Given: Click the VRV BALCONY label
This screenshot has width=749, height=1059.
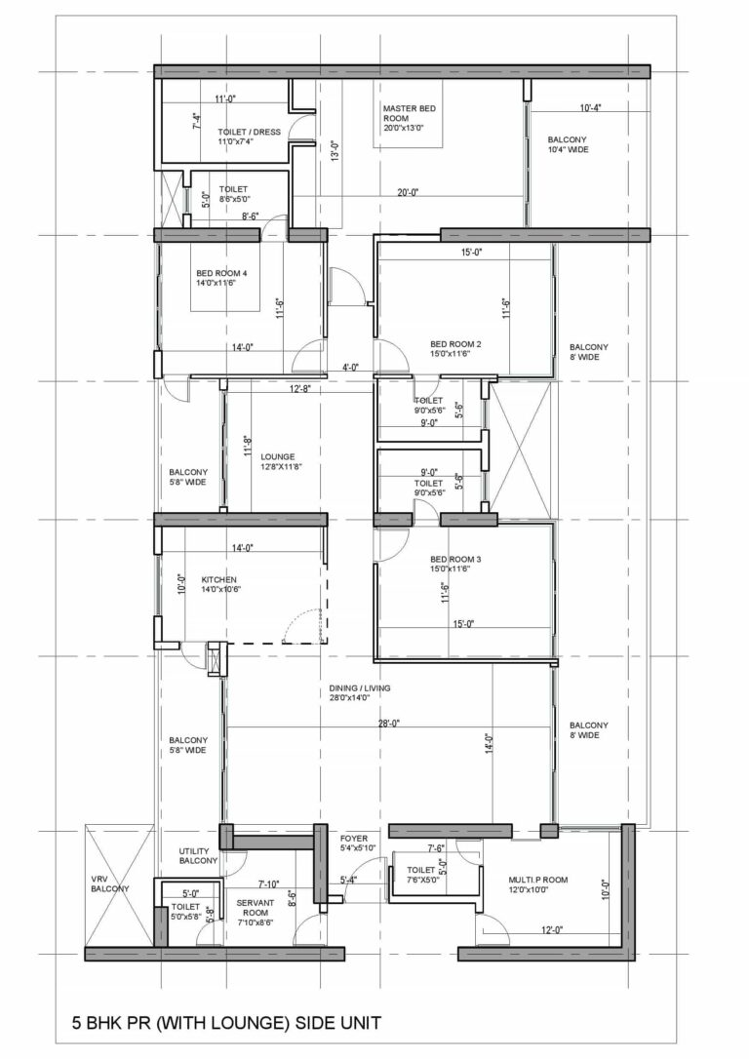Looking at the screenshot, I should click(109, 883).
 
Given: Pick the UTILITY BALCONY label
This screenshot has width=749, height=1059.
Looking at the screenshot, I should click(198, 856).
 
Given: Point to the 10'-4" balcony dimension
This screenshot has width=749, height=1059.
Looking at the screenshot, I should click(589, 108).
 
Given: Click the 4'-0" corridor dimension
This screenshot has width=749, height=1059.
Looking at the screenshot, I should click(350, 368).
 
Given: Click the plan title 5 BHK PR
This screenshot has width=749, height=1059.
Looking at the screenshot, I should click(226, 1023).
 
